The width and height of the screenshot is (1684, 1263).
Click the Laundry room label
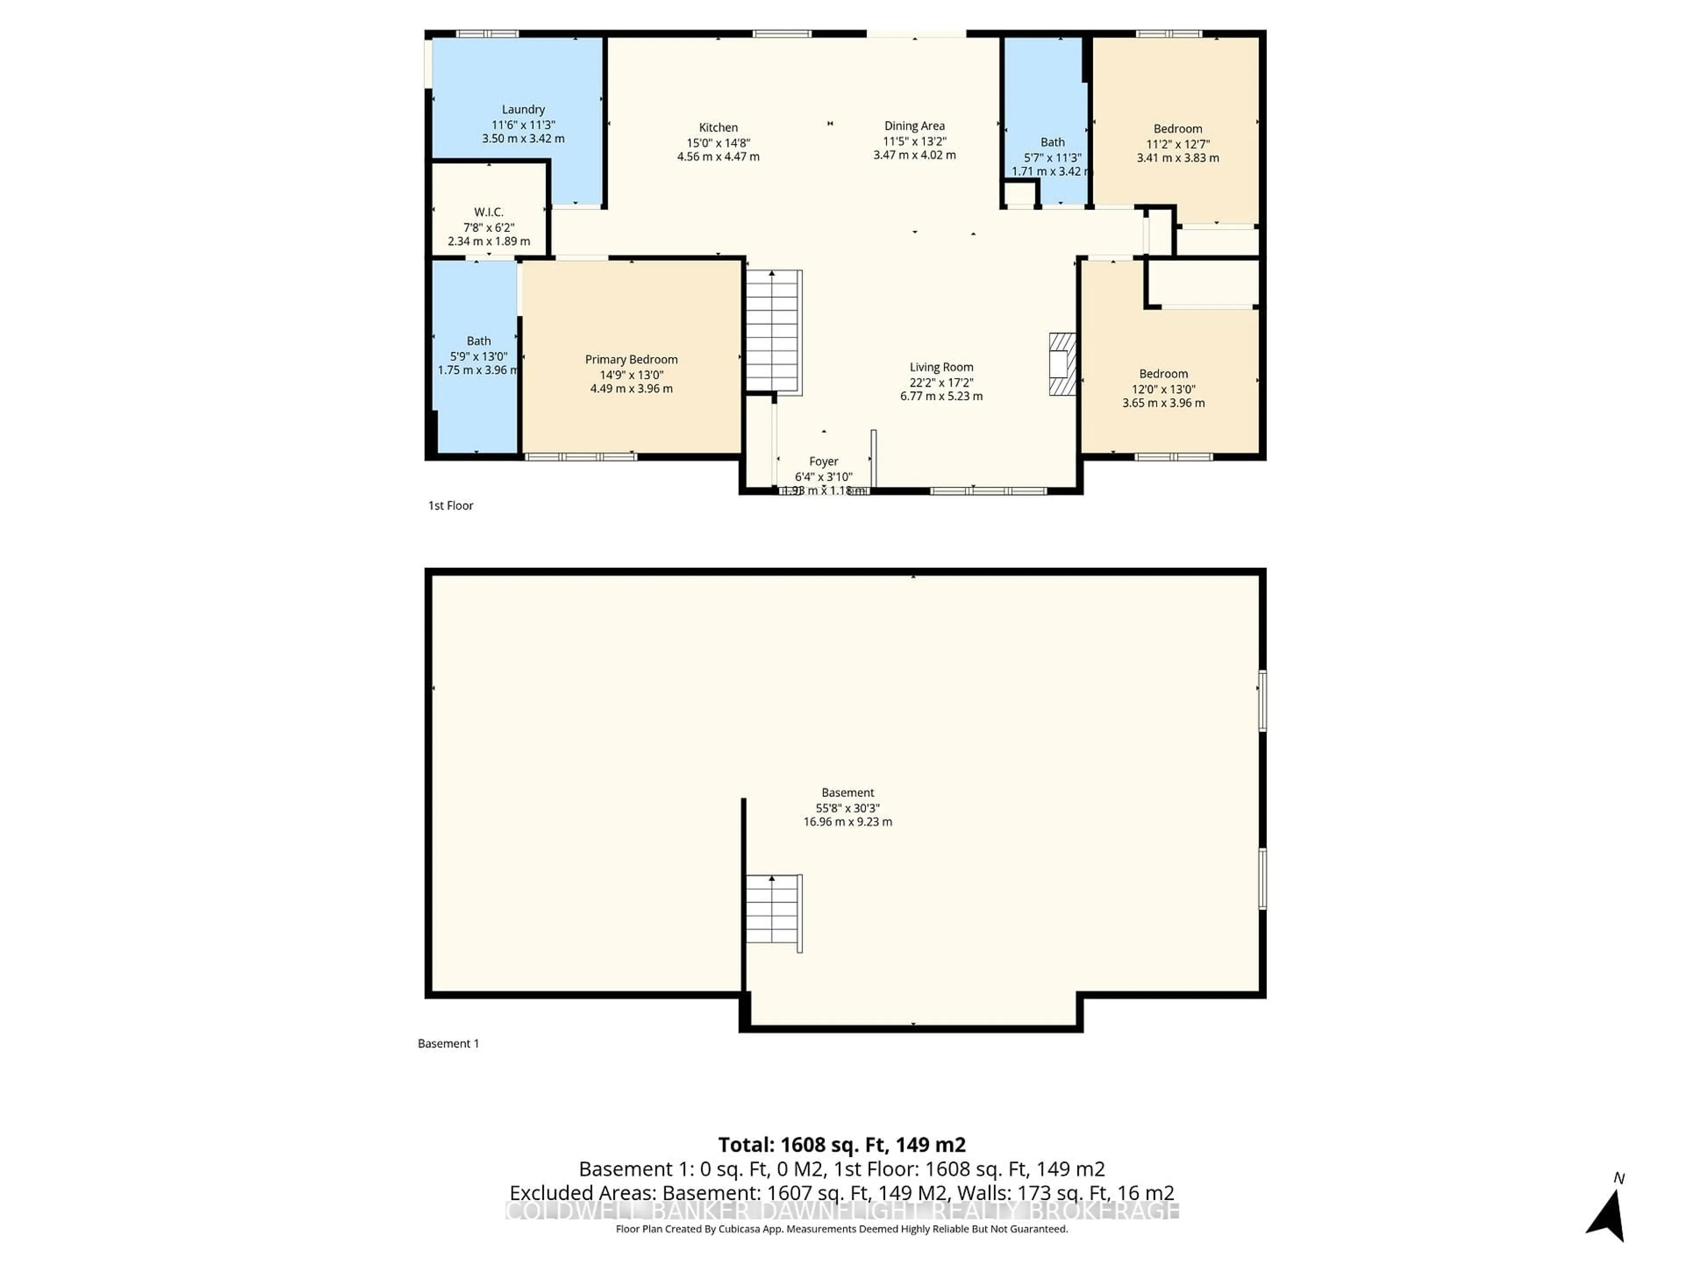(523, 110)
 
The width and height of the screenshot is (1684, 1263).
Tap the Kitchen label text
(718, 128)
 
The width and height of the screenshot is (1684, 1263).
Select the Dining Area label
(914, 126)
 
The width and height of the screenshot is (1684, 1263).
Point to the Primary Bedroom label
(631, 359)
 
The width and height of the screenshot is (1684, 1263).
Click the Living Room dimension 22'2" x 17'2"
(941, 382)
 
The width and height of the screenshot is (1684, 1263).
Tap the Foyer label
(823, 461)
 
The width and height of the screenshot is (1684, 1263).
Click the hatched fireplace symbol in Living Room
(1062, 364)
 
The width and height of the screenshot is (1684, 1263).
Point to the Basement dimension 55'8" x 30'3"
(847, 808)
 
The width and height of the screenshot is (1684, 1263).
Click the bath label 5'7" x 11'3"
(1052, 157)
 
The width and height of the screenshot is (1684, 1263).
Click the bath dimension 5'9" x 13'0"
(478, 356)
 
